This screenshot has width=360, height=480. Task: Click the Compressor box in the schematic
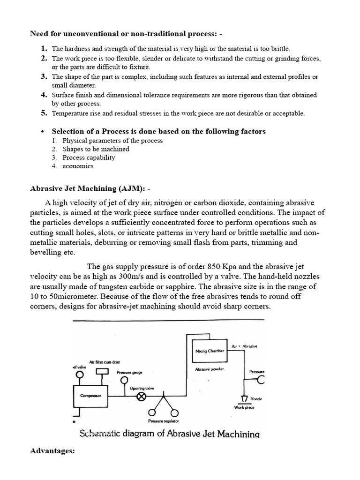pos(91,396)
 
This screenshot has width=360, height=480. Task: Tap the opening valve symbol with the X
pos(141,397)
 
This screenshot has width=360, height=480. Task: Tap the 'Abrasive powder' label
pos(209,369)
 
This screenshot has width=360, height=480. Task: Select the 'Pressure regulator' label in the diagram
pos(164,422)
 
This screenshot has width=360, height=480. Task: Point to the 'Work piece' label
pos(244,407)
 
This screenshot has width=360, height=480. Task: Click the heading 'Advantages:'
pos(52,451)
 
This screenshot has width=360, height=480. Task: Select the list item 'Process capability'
pos(89,157)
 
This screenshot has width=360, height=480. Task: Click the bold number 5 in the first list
pos(44,113)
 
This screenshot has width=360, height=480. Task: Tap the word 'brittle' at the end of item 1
pos(279,48)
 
